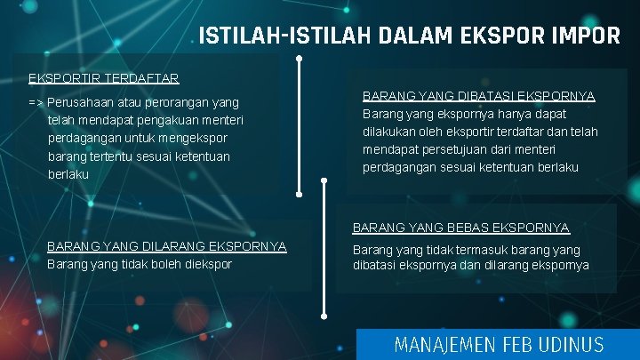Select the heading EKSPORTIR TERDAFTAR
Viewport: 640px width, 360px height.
[104, 77]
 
